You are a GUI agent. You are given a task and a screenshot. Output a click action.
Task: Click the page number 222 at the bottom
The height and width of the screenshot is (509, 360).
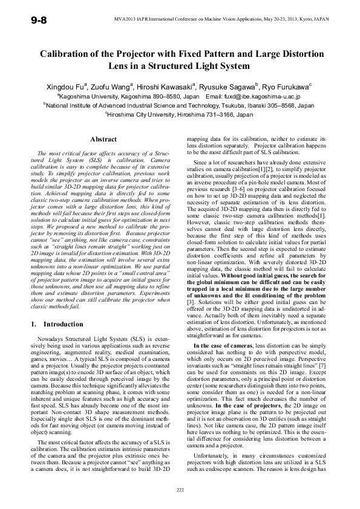(180, 488)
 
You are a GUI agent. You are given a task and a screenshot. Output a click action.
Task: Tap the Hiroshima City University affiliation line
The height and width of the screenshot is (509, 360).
(180, 113)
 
